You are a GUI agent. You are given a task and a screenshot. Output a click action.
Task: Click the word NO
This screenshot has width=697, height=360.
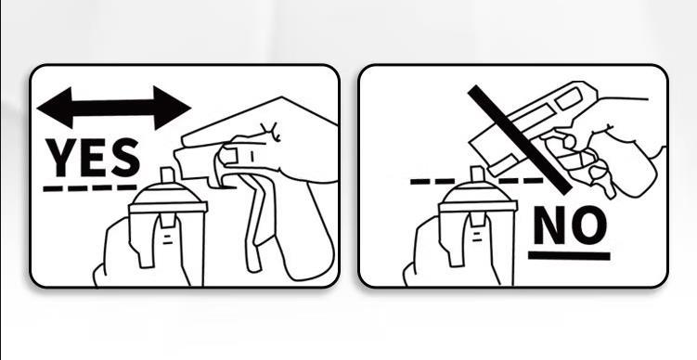(x=569, y=225)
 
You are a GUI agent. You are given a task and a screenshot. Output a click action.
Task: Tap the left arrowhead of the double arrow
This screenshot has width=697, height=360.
(x=52, y=107)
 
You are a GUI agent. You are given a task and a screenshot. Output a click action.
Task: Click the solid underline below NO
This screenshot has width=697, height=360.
(x=569, y=255)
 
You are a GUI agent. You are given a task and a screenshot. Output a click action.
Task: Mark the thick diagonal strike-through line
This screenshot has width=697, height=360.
(x=520, y=139)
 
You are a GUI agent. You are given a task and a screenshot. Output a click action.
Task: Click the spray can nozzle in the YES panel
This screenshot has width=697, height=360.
(x=167, y=176)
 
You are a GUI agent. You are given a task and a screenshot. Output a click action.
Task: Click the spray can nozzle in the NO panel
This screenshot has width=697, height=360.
(x=476, y=176)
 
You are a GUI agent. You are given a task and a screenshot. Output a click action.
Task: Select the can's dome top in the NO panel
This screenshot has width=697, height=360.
(x=477, y=197)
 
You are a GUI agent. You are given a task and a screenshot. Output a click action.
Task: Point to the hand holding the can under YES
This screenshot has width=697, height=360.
(x=121, y=255)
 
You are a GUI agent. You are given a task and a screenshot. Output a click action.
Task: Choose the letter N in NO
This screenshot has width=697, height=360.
(x=549, y=225)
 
